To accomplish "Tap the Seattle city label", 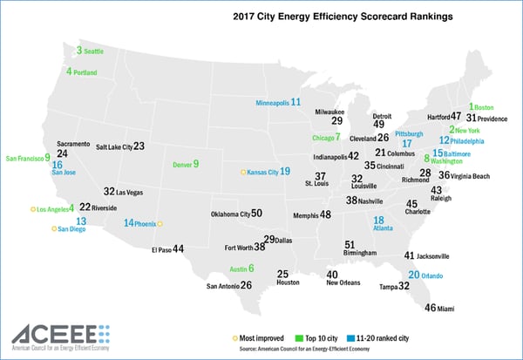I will click(93, 52).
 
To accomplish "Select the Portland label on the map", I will click(85, 72).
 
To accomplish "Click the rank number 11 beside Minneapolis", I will click(295, 102).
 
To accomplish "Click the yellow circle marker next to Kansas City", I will click(243, 173).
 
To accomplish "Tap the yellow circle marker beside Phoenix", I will click(160, 223).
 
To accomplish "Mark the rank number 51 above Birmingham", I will click(350, 245).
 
